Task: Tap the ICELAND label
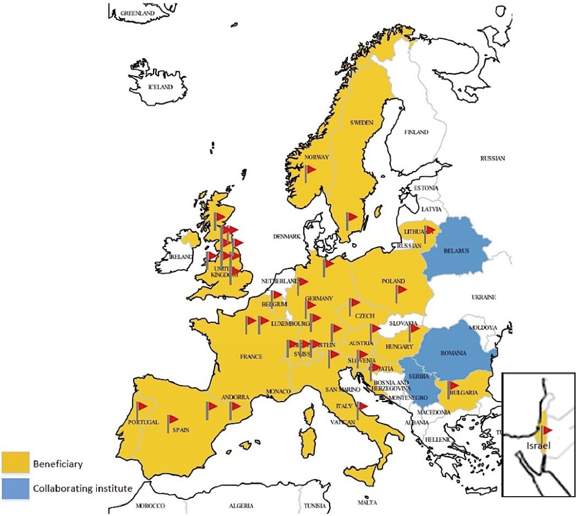159,88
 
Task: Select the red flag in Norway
310,169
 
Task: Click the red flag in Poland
401,290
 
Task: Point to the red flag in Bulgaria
453,385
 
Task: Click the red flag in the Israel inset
547,430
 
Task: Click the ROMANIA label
453,353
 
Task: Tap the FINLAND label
416,133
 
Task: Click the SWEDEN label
360,123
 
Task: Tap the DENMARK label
286,237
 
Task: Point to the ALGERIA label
241,505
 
